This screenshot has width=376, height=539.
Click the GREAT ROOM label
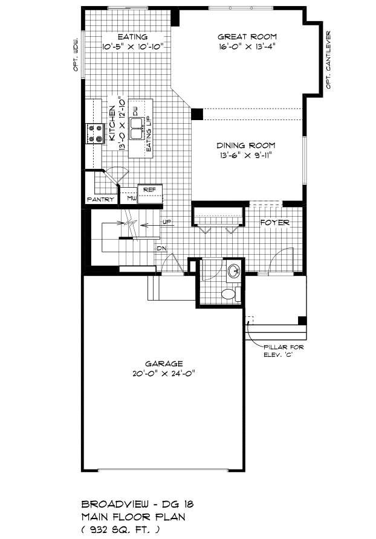click(x=247, y=37)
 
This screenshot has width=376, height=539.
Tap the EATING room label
click(x=132, y=37)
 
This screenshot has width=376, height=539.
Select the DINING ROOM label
click(x=246, y=145)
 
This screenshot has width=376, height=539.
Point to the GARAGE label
click(x=164, y=364)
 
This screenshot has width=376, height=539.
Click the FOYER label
click(x=275, y=222)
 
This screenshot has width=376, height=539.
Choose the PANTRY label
click(x=100, y=199)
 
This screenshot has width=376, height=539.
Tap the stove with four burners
click(x=95, y=134)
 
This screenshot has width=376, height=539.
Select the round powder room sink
click(x=235, y=272)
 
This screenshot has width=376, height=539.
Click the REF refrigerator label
click(x=149, y=190)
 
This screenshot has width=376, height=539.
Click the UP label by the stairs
click(x=167, y=222)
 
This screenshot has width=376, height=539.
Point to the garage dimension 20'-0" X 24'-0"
click(x=164, y=374)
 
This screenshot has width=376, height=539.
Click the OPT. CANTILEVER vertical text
click(x=328, y=60)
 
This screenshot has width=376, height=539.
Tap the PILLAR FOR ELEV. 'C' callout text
click(x=284, y=351)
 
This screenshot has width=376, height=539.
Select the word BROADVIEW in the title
click(x=115, y=504)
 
